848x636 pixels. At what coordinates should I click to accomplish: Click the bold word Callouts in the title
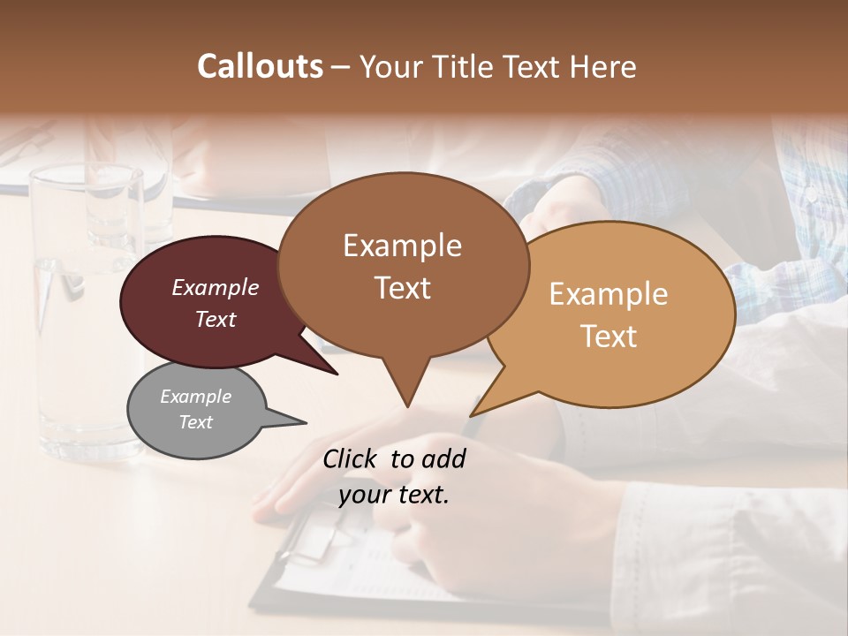pos(260,66)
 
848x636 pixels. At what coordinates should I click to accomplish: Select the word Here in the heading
pos(602,66)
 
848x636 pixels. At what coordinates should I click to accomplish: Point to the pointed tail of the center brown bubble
pos(406,393)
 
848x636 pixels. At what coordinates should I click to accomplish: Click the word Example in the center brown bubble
pos(402,246)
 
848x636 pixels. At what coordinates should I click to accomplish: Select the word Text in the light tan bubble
pos(609,337)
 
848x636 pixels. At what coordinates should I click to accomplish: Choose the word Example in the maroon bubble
pos(215,287)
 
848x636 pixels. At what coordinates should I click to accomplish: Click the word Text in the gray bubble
pos(196,422)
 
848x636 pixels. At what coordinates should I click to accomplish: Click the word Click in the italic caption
pos(352,458)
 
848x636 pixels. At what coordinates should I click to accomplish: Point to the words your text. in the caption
pos(394,496)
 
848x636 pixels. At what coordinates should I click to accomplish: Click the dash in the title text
pos(341,67)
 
